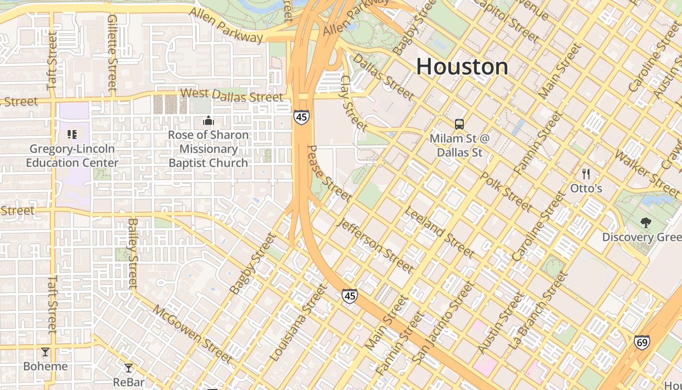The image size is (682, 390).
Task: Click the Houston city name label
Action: coord(462,67)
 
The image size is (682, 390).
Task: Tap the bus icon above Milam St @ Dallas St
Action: coord(459,124)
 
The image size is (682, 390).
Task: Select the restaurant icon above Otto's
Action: coord(586,174)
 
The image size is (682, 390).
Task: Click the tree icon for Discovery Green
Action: coord(646,223)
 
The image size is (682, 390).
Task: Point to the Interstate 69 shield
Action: coord(642,343)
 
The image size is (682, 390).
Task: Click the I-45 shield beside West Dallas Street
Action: coord(301,117)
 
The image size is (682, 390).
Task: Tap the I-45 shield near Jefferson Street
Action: coord(349,295)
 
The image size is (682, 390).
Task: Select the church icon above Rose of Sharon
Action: coord(208,120)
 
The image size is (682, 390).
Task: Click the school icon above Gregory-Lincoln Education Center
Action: coord(72,134)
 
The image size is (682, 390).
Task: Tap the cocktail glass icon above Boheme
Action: coord(45,351)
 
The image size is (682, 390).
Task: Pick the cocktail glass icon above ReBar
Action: coord(129,368)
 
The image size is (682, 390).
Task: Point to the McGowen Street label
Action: coord(192,334)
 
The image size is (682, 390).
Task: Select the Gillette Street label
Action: coord(113,53)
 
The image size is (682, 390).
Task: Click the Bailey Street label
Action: coord(133,253)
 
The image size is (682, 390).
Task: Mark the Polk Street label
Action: coord(506,191)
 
